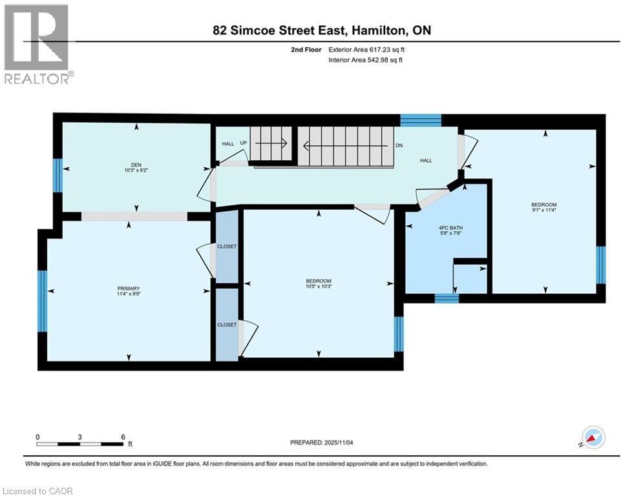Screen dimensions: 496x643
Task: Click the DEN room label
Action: tap(136, 165)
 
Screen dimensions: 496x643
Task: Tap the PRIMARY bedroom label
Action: tap(129, 289)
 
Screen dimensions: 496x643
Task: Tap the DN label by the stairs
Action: tap(399, 146)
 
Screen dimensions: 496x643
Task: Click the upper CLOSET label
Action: tap(227, 247)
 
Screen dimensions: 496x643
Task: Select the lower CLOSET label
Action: tap(227, 325)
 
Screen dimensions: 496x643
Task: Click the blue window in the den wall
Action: tap(58, 176)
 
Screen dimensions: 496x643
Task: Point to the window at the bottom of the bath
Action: tap(446, 298)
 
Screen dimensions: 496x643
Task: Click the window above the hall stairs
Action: tap(420, 120)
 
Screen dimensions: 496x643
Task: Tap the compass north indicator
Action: tap(593, 437)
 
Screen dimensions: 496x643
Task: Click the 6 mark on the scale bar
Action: tap(122, 437)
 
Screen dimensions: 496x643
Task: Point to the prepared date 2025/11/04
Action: tap(335, 442)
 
